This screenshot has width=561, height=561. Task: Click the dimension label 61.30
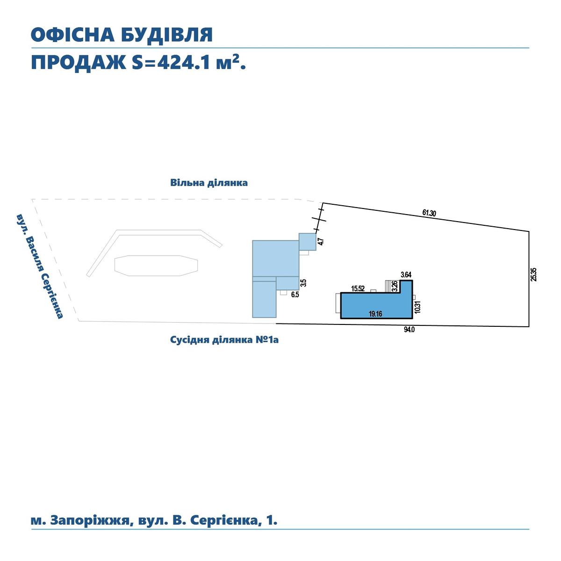pyautogui.click(x=429, y=213)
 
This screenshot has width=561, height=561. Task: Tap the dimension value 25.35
pyautogui.click(x=533, y=274)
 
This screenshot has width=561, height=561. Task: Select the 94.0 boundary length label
pyautogui.click(x=409, y=330)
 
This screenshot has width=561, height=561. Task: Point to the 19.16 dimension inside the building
pyautogui.click(x=375, y=314)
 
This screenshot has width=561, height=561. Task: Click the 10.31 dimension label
pyautogui.click(x=418, y=307)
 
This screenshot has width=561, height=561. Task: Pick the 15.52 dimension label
pyautogui.click(x=358, y=288)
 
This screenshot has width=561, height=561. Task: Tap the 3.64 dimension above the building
pyautogui.click(x=406, y=274)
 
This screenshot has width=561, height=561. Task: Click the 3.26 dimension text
pyautogui.click(x=395, y=286)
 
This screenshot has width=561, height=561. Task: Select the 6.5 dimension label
pyautogui.click(x=295, y=295)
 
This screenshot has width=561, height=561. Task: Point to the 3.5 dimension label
pyautogui.click(x=303, y=283)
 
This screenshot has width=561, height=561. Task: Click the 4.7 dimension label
pyautogui.click(x=321, y=241)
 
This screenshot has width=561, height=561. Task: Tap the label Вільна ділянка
pyautogui.click(x=209, y=183)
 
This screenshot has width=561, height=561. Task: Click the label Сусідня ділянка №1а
pyautogui.click(x=224, y=340)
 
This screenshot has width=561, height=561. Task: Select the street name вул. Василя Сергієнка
pyautogui.click(x=40, y=266)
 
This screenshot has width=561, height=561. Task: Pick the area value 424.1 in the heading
pyautogui.click(x=184, y=63)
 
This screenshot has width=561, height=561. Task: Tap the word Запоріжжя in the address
pyautogui.click(x=90, y=520)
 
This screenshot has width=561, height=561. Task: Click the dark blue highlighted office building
pyautogui.click(x=376, y=305)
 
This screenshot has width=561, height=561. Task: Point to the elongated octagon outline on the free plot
pyautogui.click(x=156, y=266)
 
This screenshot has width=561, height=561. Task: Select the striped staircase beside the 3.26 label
pyautogui.click(x=388, y=287)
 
